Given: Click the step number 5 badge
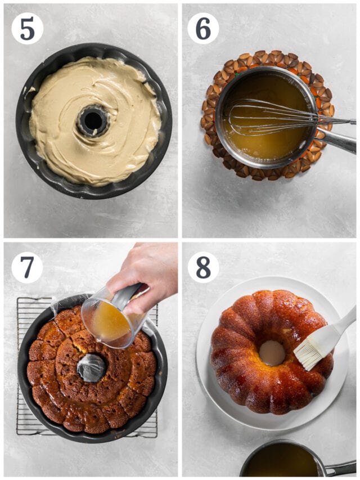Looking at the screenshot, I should coord(27,28).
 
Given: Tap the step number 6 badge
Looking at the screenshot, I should coord(203,28).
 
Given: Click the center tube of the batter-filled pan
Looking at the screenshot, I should coord(93,120).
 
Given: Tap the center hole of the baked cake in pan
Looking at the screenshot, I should coord(91,367).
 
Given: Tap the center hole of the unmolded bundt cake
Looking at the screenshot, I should coord(272,353).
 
